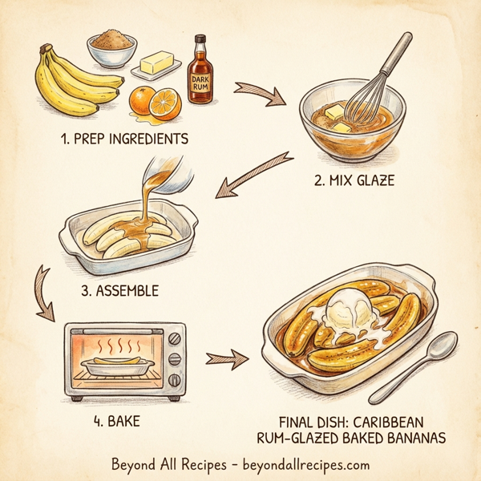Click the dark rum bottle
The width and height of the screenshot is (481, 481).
click(201, 76)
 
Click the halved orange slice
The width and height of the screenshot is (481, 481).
click(166, 102)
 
